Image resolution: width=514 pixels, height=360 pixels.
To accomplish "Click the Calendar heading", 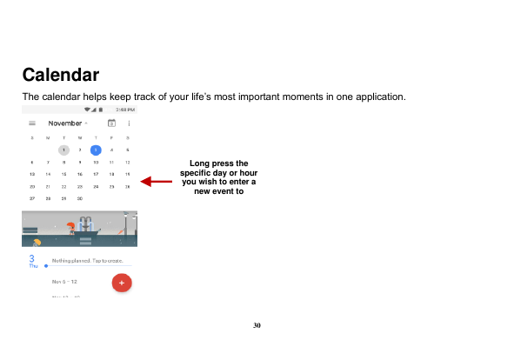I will point(60,74).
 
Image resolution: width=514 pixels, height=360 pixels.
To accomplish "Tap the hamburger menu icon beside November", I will point(32,123).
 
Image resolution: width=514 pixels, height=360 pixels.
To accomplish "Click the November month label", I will point(64,123).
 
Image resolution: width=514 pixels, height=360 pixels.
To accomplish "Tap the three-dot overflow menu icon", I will point(128,123).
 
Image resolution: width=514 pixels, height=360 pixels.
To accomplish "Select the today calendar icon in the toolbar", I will point(111,123).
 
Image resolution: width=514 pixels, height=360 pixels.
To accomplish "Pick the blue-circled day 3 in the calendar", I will point(96,150).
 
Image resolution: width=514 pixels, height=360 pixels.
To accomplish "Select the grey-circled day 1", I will point(64,150).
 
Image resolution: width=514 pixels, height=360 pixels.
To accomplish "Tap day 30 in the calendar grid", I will point(80,198).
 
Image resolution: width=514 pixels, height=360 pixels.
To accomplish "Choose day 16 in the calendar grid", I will point(80,174).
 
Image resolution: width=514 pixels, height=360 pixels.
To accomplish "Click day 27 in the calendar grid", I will point(32,198).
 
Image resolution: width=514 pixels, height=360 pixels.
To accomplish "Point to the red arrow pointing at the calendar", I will point(157,182).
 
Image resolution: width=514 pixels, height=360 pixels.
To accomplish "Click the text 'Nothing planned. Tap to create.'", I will point(87,260).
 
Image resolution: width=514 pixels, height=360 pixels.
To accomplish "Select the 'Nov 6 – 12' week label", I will point(64,282).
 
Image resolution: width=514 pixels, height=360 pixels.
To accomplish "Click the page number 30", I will point(257,325).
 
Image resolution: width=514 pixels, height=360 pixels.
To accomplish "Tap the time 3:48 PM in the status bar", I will point(124,110).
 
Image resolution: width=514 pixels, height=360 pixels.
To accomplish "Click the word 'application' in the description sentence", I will point(376,96).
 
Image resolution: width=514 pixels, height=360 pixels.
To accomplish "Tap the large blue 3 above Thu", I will point(32,258).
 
